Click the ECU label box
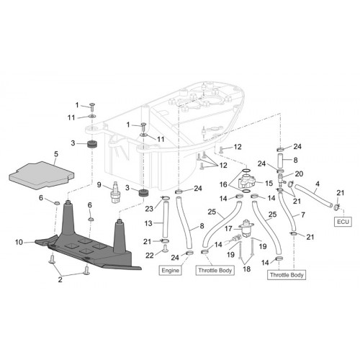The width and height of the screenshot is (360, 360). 343,222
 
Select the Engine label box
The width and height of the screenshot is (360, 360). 171,271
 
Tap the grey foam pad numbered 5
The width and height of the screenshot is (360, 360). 41,175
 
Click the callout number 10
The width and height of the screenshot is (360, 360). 19,242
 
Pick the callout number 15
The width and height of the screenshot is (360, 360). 269,184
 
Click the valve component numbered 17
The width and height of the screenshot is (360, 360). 246,228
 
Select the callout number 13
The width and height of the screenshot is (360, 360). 148,223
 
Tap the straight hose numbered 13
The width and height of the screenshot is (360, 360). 166,220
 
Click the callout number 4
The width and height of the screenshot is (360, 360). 318,184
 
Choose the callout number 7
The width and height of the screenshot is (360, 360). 303,215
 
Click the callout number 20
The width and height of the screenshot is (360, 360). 299,174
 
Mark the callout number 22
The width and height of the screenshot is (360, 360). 150,256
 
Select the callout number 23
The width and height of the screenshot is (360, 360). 149,209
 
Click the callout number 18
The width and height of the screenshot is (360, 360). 246,269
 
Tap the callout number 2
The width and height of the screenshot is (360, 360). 60,279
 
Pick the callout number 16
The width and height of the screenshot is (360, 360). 223,184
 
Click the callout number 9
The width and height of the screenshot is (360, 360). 99,185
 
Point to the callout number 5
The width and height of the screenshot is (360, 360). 56,154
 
